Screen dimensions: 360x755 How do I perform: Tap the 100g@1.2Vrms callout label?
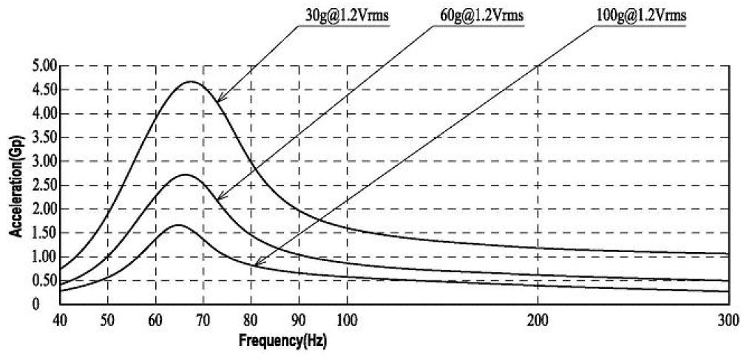pyautogui.click(x=640, y=14)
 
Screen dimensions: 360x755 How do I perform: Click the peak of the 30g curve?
pyautogui.click(x=192, y=81)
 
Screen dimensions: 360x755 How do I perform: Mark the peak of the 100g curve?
pyautogui.click(x=178, y=225)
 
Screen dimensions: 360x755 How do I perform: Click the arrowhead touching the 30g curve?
pyautogui.click(x=220, y=98)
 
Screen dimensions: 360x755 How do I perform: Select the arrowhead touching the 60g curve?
pyautogui.click(x=220, y=197)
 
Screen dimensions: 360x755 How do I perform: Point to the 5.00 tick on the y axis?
pyautogui.click(x=44, y=67)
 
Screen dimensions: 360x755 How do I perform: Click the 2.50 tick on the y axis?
pyautogui.click(x=44, y=186)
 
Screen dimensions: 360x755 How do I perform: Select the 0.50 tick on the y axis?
pyautogui.click(x=44, y=281)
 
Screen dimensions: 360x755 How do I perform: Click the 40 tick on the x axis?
pyautogui.click(x=61, y=320)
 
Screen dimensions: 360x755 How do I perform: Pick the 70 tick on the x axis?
pyautogui.click(x=203, y=320)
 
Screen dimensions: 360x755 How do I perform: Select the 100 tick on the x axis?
pyautogui.click(x=347, y=320)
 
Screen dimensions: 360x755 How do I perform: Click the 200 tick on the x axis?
pyautogui.click(x=538, y=320)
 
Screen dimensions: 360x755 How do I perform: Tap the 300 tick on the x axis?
pyautogui.click(x=728, y=320)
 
